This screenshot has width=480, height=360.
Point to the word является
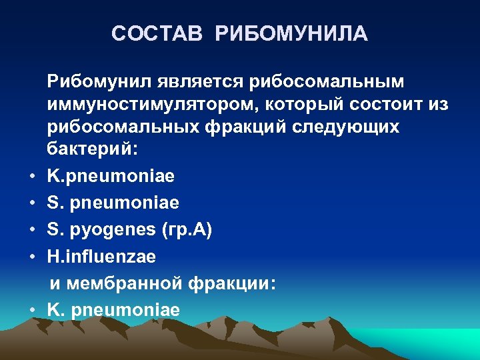click(200, 81)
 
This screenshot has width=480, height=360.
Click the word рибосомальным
click(327, 81)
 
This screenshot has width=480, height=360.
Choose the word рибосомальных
click(134, 127)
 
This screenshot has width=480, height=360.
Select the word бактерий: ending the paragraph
click(93, 150)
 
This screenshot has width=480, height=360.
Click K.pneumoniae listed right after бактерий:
click(111, 176)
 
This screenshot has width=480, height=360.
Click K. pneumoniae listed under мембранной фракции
click(113, 310)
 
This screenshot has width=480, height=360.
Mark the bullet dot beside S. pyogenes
click(32, 231)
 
